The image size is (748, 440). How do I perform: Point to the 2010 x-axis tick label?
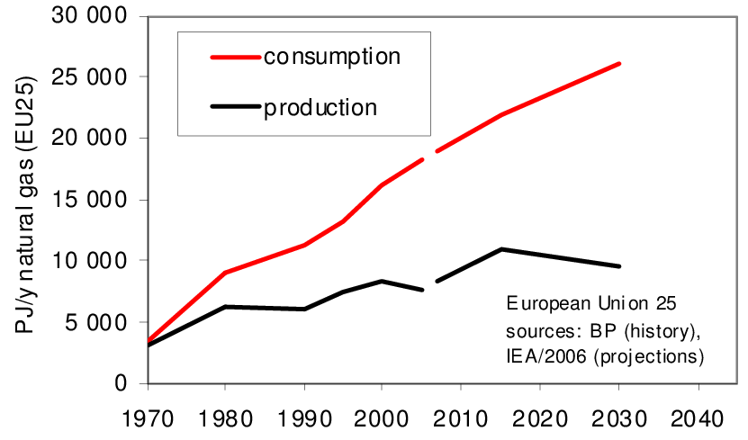(460, 419)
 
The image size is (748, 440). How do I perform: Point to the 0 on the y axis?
(125, 383)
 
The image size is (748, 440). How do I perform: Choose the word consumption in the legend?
(331, 57)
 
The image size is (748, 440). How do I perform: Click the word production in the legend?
(320, 108)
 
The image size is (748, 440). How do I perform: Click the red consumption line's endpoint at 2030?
(619, 64)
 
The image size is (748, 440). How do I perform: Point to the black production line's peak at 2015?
(501, 249)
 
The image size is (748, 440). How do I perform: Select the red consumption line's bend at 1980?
(225, 273)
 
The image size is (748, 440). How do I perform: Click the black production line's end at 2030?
(619, 266)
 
